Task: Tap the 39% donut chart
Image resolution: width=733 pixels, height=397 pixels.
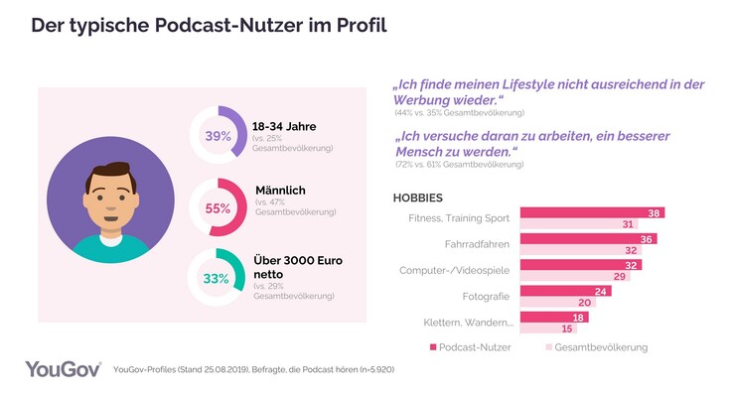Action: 218,136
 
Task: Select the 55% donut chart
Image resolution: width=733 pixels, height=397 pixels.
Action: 218,207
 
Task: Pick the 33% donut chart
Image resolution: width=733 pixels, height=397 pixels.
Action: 218,279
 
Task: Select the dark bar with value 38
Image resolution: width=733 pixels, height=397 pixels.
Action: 592,212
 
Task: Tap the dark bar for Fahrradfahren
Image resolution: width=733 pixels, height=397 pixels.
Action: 588,239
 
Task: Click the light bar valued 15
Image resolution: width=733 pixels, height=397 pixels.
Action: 549,330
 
